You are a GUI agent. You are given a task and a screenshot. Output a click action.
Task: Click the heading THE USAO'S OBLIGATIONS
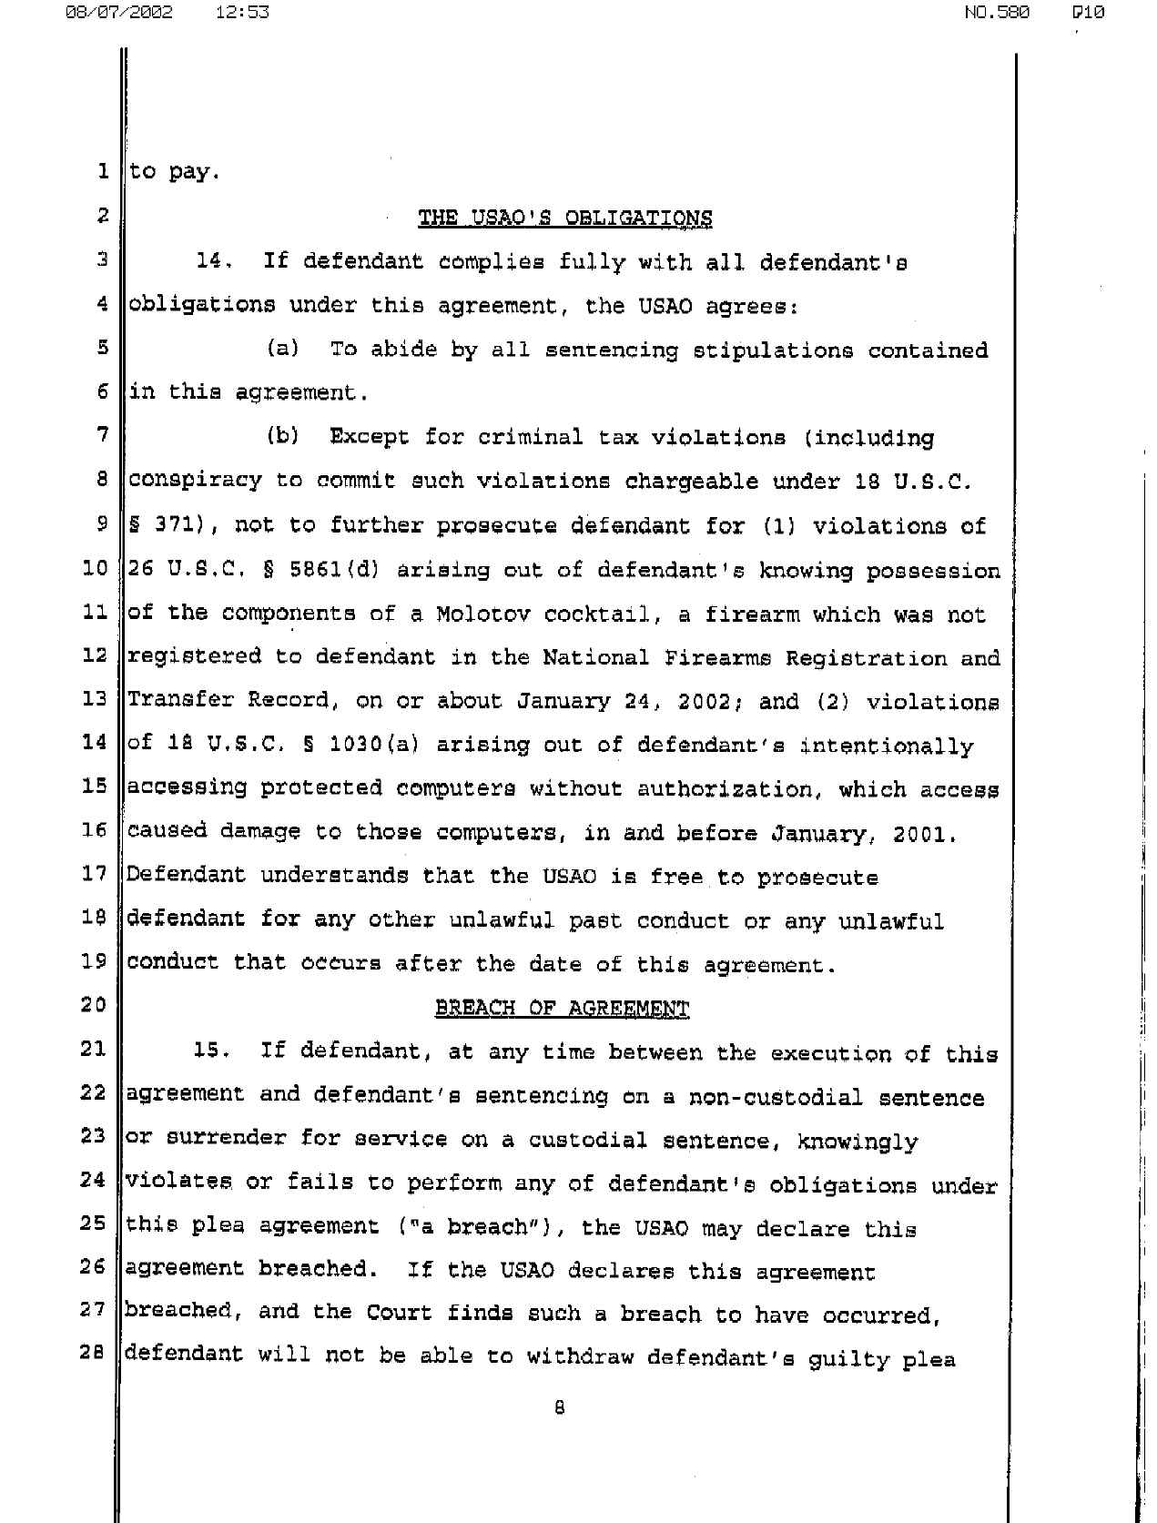[564, 218]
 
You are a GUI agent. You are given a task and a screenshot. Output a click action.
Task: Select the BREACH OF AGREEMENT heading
[562, 1008]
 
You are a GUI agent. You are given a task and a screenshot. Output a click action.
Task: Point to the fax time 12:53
[243, 13]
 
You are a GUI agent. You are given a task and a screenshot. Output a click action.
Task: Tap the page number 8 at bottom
[559, 1407]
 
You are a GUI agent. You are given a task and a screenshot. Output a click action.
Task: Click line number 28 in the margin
[93, 1354]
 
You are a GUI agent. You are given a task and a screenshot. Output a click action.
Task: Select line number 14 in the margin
[94, 743]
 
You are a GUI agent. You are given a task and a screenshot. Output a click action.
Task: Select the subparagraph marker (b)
[282, 436]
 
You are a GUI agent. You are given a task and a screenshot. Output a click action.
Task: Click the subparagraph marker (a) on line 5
[282, 349]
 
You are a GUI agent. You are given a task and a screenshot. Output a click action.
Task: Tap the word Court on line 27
[399, 1313]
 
